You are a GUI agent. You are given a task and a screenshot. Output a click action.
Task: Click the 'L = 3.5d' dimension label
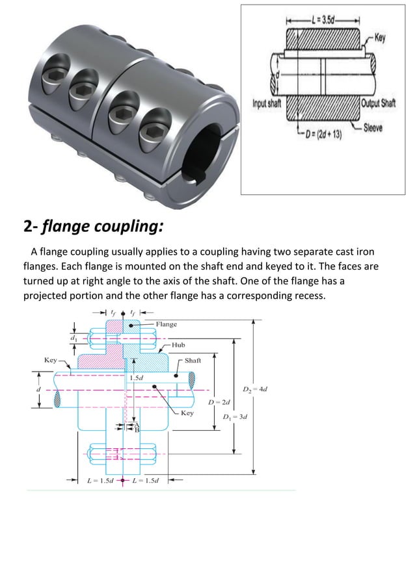(322, 14)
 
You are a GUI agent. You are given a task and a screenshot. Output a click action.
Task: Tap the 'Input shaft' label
(267, 104)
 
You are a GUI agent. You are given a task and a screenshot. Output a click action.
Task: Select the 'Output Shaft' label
(379, 104)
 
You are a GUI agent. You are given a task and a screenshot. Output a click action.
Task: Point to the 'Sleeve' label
(374, 127)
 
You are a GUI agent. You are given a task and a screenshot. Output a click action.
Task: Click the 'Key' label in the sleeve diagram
(380, 37)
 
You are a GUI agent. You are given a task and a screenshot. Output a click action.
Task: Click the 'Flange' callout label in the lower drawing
(167, 324)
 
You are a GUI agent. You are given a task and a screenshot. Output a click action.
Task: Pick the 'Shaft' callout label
(193, 360)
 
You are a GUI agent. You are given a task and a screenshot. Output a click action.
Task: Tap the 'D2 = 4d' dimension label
(255, 390)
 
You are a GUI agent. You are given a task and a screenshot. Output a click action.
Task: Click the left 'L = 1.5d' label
(101, 481)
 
